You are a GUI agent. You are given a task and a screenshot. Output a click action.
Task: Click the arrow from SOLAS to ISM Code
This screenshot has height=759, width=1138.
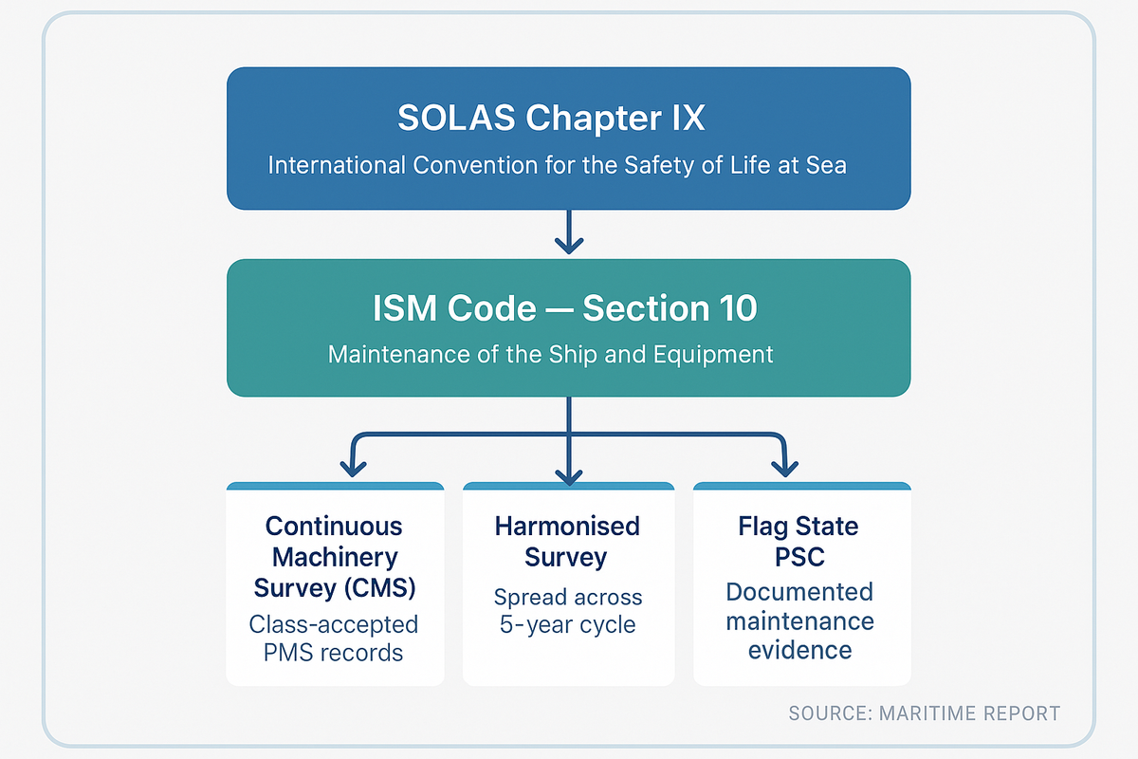tap(568, 232)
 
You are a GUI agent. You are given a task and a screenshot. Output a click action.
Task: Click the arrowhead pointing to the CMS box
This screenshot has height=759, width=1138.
tap(354, 466)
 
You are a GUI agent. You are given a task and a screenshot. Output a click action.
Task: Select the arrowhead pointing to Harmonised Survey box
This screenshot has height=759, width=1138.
tap(568, 473)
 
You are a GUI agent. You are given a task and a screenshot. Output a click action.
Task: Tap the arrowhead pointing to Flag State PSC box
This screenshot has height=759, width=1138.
tap(783, 466)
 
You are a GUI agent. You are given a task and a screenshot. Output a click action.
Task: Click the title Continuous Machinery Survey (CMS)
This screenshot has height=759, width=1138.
tap(334, 557)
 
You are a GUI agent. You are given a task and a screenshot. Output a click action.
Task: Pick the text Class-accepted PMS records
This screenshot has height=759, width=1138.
tap(334, 639)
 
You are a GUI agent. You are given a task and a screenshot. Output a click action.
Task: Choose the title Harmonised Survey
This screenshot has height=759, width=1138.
tap(567, 541)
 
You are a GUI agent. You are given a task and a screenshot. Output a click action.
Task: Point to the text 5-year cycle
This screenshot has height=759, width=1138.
tap(567, 626)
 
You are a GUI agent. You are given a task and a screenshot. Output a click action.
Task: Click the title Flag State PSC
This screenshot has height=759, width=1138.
tap(798, 541)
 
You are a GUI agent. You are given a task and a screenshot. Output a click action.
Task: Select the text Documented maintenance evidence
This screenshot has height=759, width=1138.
tap(799, 620)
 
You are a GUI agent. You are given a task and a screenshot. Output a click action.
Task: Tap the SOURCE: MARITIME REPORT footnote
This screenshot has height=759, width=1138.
tap(924, 713)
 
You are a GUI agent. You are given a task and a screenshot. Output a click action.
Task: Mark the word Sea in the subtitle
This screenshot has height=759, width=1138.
tap(827, 165)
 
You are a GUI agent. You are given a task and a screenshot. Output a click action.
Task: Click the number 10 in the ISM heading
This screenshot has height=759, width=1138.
tap(730, 308)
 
